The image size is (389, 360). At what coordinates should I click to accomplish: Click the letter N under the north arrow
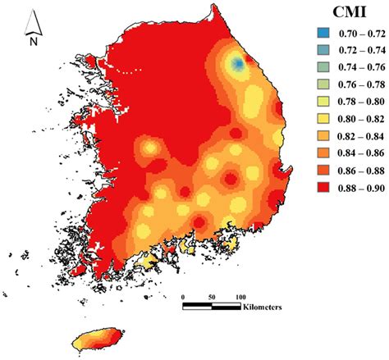point(34,39)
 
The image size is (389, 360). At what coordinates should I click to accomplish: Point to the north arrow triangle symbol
point(34,17)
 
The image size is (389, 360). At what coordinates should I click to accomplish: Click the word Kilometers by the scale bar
point(262,308)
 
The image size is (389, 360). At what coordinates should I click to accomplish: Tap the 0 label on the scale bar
point(184,297)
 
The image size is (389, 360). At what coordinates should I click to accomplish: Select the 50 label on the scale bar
point(212,297)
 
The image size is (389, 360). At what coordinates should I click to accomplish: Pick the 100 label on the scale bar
point(240,297)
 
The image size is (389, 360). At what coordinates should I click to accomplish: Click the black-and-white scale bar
point(212,307)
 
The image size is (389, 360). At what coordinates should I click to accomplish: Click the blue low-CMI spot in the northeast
point(239,64)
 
